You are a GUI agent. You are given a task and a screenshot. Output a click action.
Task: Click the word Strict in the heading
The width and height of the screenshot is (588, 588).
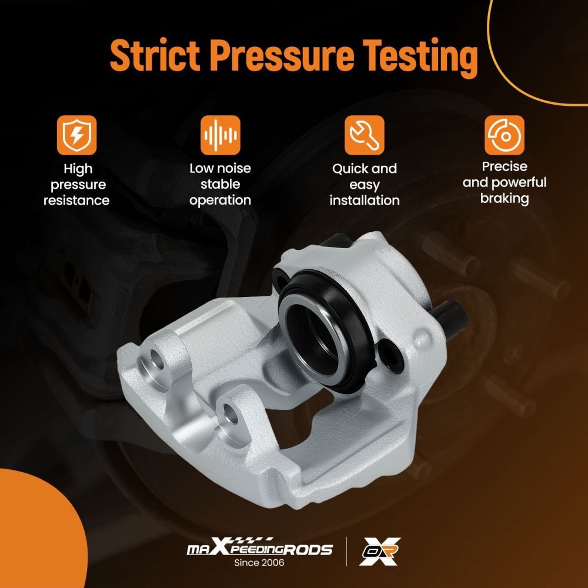point(155,55)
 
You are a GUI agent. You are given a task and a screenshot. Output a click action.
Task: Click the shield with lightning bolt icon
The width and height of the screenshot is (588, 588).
point(77,135)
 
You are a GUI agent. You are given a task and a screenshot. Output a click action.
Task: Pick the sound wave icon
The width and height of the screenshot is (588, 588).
point(220,135)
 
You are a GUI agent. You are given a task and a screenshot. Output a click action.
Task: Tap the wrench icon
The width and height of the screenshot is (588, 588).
point(364,135)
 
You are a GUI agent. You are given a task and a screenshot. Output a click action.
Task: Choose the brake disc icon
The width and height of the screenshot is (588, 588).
point(505,135)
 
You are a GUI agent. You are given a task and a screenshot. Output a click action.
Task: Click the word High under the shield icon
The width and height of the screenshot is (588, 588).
point(78,169)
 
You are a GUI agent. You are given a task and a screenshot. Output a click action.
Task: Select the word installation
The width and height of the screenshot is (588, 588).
point(365,201)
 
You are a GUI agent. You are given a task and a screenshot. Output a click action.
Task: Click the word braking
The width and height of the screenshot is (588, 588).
point(505,198)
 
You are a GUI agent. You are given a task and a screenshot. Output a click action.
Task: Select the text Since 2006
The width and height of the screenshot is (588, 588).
point(259,563)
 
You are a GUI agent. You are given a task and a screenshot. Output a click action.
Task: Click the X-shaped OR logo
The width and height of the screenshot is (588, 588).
point(379,552)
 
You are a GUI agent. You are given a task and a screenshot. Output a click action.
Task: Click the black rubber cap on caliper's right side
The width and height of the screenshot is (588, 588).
point(449,319)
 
